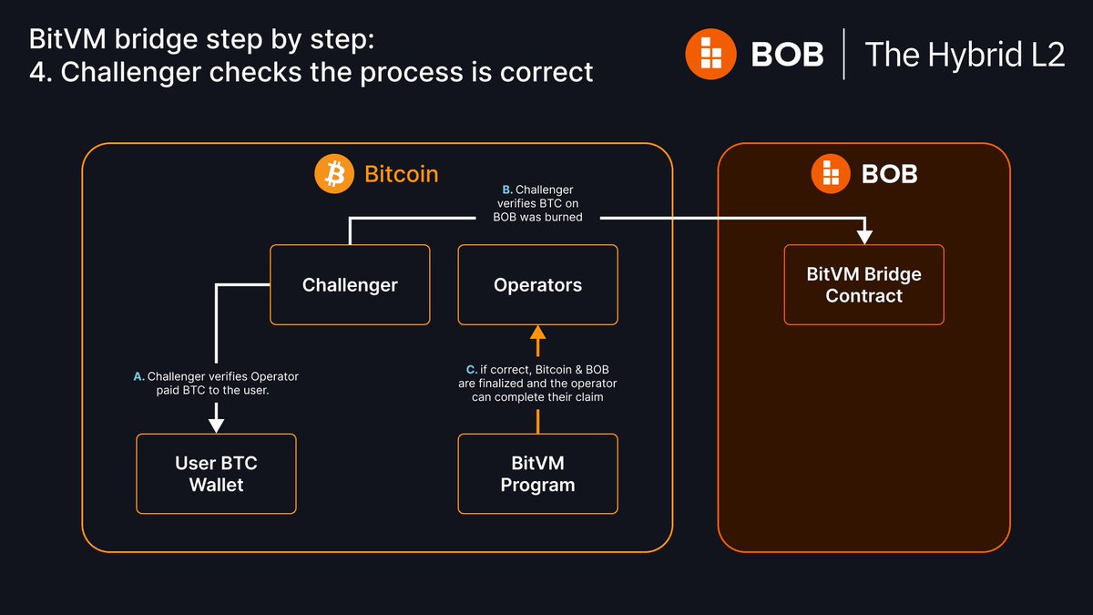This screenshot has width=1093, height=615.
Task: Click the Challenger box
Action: (350, 284)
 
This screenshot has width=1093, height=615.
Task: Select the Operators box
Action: (537, 284)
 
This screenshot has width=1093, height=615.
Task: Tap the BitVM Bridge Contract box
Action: (863, 284)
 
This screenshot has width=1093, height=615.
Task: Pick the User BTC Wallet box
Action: (216, 473)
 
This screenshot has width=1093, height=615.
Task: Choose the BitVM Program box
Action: (537, 473)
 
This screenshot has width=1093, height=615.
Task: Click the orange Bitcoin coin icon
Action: (333, 173)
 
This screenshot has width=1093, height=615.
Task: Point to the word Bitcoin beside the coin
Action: (401, 173)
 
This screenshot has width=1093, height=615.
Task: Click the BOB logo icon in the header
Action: (710, 54)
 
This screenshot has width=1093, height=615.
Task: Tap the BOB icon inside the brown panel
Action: (831, 173)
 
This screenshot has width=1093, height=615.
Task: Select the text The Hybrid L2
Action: (964, 54)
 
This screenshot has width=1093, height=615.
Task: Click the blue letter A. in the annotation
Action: (138, 376)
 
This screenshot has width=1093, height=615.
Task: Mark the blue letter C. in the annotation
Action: (471, 369)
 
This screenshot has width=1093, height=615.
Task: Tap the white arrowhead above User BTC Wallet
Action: (216, 425)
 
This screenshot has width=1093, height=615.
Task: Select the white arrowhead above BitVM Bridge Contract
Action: (863, 236)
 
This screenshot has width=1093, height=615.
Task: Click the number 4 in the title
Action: (38, 71)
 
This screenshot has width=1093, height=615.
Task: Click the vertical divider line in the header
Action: (843, 54)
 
